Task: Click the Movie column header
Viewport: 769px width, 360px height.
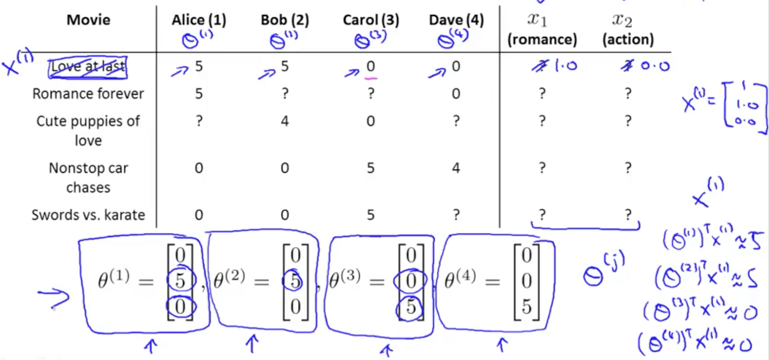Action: (x=88, y=20)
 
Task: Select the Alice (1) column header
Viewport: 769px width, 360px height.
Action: (x=199, y=20)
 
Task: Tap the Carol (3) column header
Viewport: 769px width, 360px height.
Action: (x=371, y=20)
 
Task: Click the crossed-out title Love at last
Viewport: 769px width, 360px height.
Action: (x=87, y=67)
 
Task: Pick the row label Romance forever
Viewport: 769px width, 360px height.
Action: (x=88, y=94)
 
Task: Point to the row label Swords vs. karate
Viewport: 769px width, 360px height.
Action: (x=88, y=215)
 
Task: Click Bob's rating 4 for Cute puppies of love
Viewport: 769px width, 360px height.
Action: (x=285, y=121)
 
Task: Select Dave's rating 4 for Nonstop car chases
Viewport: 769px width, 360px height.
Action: (x=456, y=168)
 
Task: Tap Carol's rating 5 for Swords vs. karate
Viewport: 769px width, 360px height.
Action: (x=371, y=215)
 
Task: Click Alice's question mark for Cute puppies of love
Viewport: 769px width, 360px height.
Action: (x=199, y=121)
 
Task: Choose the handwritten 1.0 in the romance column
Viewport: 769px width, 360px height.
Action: (x=566, y=66)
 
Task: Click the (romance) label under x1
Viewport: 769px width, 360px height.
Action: (x=542, y=39)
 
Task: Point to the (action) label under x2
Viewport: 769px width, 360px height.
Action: (x=628, y=39)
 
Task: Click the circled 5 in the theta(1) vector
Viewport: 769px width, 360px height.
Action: (x=180, y=280)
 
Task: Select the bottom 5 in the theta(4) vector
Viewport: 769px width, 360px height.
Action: (x=526, y=307)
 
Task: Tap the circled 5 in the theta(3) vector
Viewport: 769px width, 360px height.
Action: (x=410, y=307)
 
